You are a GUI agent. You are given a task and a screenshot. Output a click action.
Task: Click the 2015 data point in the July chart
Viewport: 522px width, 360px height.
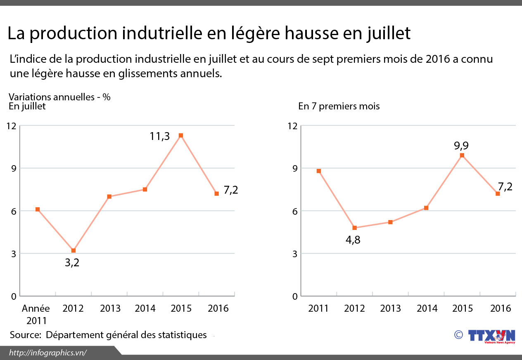(181, 135)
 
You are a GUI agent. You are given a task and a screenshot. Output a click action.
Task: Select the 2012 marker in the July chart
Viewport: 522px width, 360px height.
(74, 251)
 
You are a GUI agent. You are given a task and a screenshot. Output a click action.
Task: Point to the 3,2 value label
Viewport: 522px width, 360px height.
(72, 263)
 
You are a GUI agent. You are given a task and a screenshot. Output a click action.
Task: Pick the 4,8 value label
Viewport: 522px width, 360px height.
(353, 240)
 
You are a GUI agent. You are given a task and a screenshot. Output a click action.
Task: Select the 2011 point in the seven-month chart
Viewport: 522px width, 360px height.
(319, 171)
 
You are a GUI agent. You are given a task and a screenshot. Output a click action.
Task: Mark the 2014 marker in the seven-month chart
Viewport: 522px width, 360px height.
(426, 208)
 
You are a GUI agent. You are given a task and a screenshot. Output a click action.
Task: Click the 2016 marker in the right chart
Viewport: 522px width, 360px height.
(498, 194)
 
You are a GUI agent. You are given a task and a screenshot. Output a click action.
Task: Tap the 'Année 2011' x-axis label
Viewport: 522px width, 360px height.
(36, 315)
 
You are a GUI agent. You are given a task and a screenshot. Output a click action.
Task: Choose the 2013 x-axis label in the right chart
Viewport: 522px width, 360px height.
(390, 309)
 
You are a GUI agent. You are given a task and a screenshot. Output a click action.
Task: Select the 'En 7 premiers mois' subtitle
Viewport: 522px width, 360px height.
(339, 106)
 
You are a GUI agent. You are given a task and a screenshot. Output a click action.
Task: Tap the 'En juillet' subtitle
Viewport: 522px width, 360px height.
(27, 106)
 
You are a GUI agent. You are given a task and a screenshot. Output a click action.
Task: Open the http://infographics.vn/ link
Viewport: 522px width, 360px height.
(47, 352)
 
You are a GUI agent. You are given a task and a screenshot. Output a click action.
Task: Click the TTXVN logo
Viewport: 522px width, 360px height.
(491, 336)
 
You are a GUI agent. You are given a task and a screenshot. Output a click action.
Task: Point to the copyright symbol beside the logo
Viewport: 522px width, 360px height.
(458, 335)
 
